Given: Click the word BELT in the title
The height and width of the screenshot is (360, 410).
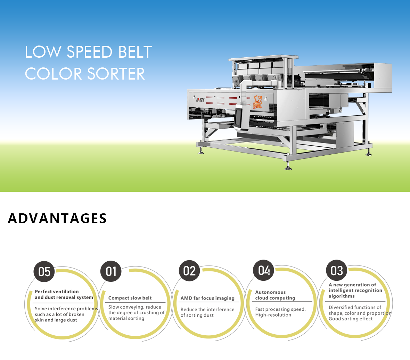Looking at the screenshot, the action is [135, 52].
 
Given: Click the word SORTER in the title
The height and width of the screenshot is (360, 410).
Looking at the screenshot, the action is [116, 74].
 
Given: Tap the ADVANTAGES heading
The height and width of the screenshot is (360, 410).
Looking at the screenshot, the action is [57, 218].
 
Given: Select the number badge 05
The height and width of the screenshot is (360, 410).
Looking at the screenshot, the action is [44, 272].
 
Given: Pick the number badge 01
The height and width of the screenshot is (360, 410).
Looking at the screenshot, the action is [111, 271].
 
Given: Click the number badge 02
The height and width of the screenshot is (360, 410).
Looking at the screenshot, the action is [189, 271].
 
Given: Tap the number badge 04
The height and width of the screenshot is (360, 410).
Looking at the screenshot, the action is [264, 270].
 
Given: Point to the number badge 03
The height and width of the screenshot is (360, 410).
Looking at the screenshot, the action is [337, 270].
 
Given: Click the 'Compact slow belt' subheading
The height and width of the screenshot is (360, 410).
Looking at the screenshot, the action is [130, 298].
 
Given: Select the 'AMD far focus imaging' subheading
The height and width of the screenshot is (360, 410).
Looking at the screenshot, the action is [207, 298].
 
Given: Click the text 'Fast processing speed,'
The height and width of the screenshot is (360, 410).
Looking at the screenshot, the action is [280, 309].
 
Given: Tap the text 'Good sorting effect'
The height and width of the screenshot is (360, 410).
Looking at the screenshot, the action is [351, 319].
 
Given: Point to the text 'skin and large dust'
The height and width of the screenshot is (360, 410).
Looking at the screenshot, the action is [56, 320].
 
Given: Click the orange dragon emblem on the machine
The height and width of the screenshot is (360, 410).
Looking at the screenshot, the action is [257, 102].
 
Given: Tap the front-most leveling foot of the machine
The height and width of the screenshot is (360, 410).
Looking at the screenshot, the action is [288, 166].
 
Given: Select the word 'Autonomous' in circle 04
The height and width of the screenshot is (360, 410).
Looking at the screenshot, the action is [270, 292].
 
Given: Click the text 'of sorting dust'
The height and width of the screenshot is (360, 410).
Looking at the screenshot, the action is [197, 315].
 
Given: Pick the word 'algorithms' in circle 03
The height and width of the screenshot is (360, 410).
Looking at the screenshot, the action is [342, 296].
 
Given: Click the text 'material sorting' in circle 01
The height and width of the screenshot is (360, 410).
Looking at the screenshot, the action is [126, 318].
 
